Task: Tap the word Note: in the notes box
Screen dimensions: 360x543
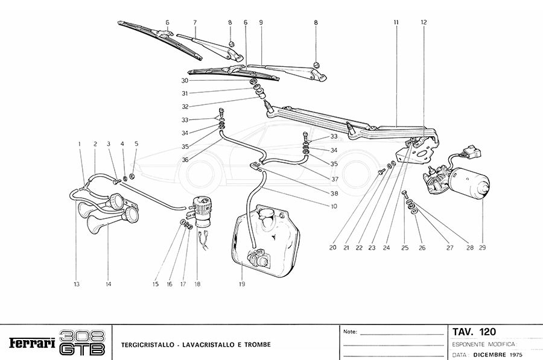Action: point(350,332)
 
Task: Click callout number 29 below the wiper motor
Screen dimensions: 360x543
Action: point(483,247)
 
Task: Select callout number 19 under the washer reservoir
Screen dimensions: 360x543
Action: point(241,283)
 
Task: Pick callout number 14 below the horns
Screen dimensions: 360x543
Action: point(109,283)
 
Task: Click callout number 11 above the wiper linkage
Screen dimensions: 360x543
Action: point(396,22)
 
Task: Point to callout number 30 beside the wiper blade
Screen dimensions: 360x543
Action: point(184,80)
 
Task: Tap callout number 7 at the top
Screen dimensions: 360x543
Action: point(195,22)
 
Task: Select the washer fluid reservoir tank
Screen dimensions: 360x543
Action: point(268,241)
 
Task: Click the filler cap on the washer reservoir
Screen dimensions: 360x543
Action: point(265,213)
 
